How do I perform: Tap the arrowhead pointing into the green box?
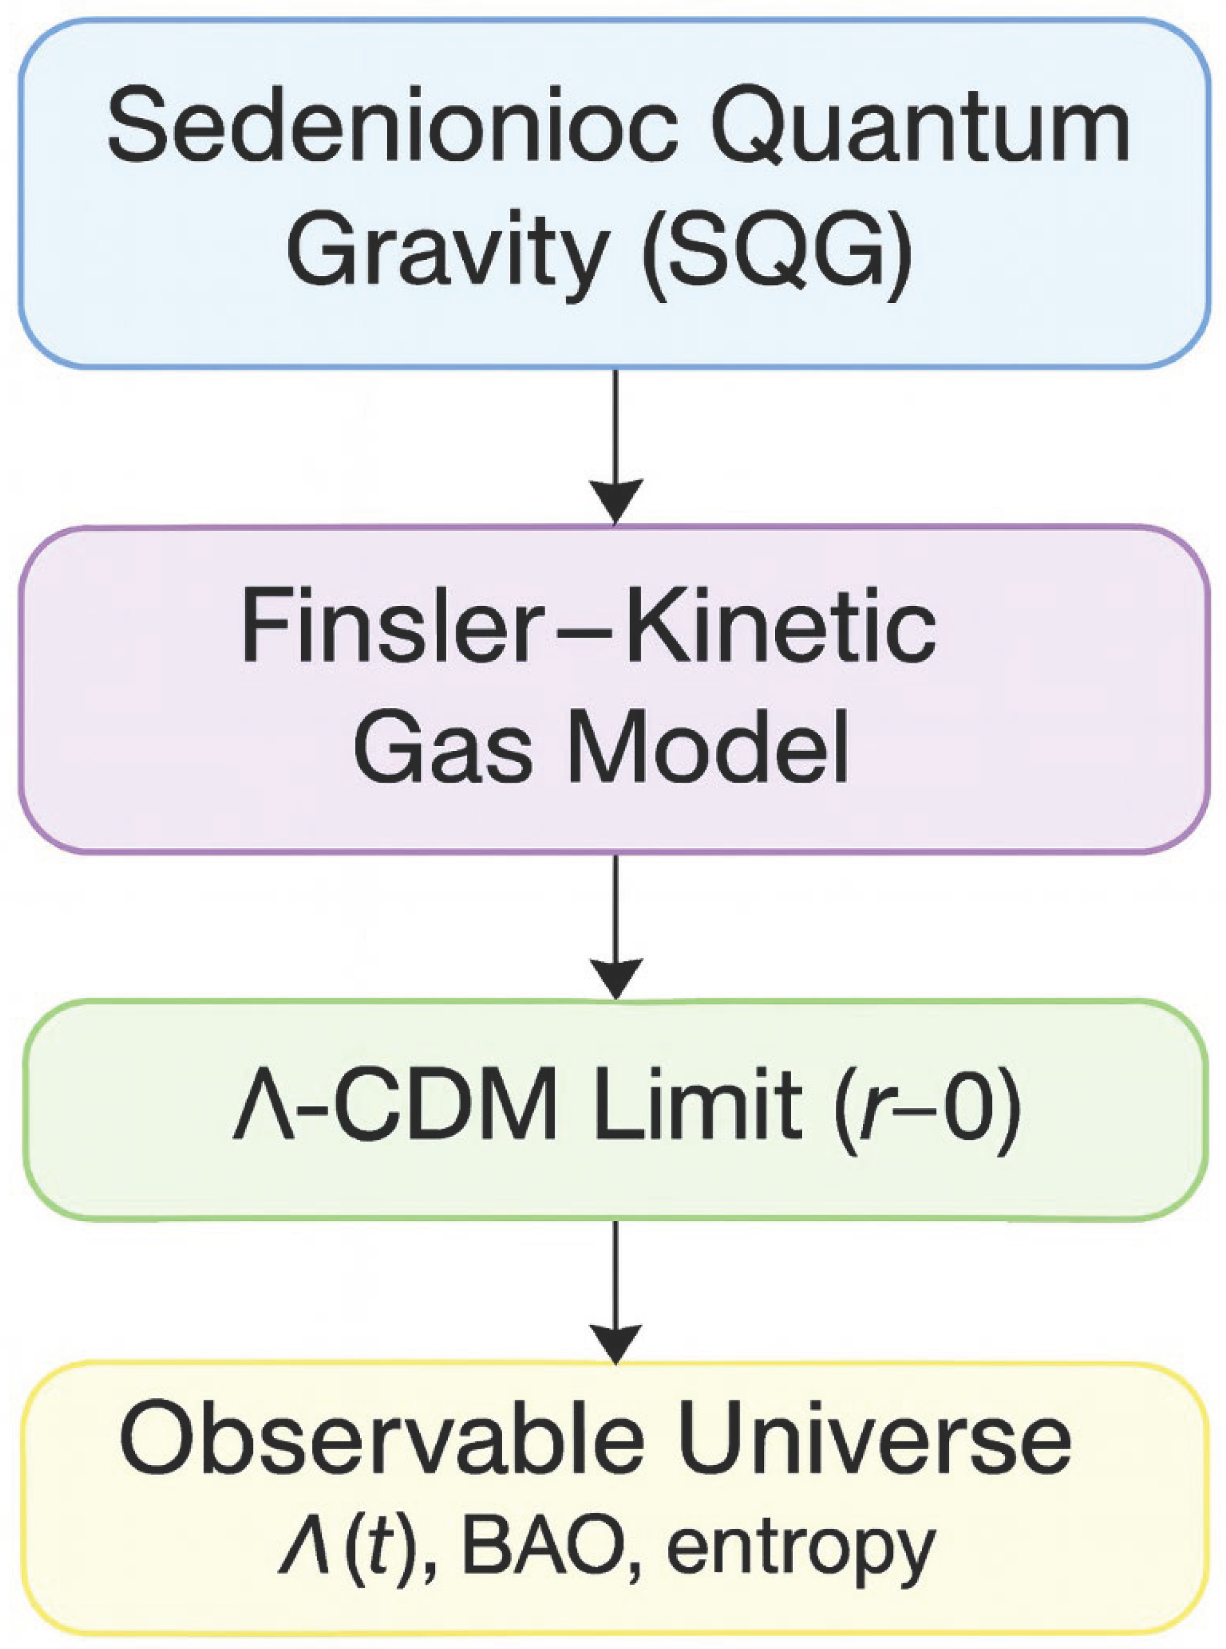(615, 980)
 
